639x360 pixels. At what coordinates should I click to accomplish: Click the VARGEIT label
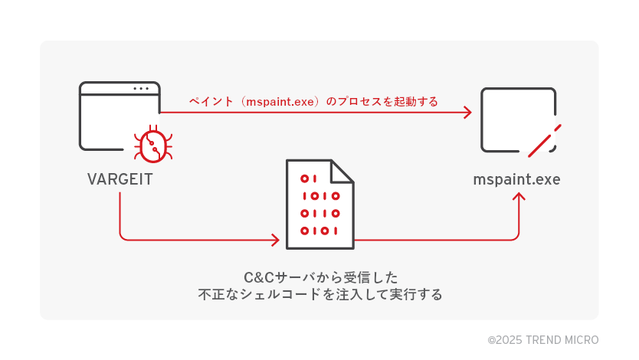(x=120, y=180)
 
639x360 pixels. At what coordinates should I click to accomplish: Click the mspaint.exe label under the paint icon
(x=516, y=180)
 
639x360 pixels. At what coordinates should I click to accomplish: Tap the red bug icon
(x=152, y=144)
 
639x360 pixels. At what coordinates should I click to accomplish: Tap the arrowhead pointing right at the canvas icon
(x=467, y=113)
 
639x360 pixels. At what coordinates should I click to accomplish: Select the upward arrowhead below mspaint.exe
(x=519, y=198)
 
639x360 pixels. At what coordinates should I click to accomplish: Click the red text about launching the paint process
(x=313, y=101)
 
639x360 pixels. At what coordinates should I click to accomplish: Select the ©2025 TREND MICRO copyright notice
(x=542, y=339)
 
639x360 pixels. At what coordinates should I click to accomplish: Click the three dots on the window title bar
(x=141, y=89)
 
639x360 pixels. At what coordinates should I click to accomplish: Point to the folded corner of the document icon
(x=342, y=171)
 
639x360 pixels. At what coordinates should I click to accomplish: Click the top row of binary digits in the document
(x=308, y=179)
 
